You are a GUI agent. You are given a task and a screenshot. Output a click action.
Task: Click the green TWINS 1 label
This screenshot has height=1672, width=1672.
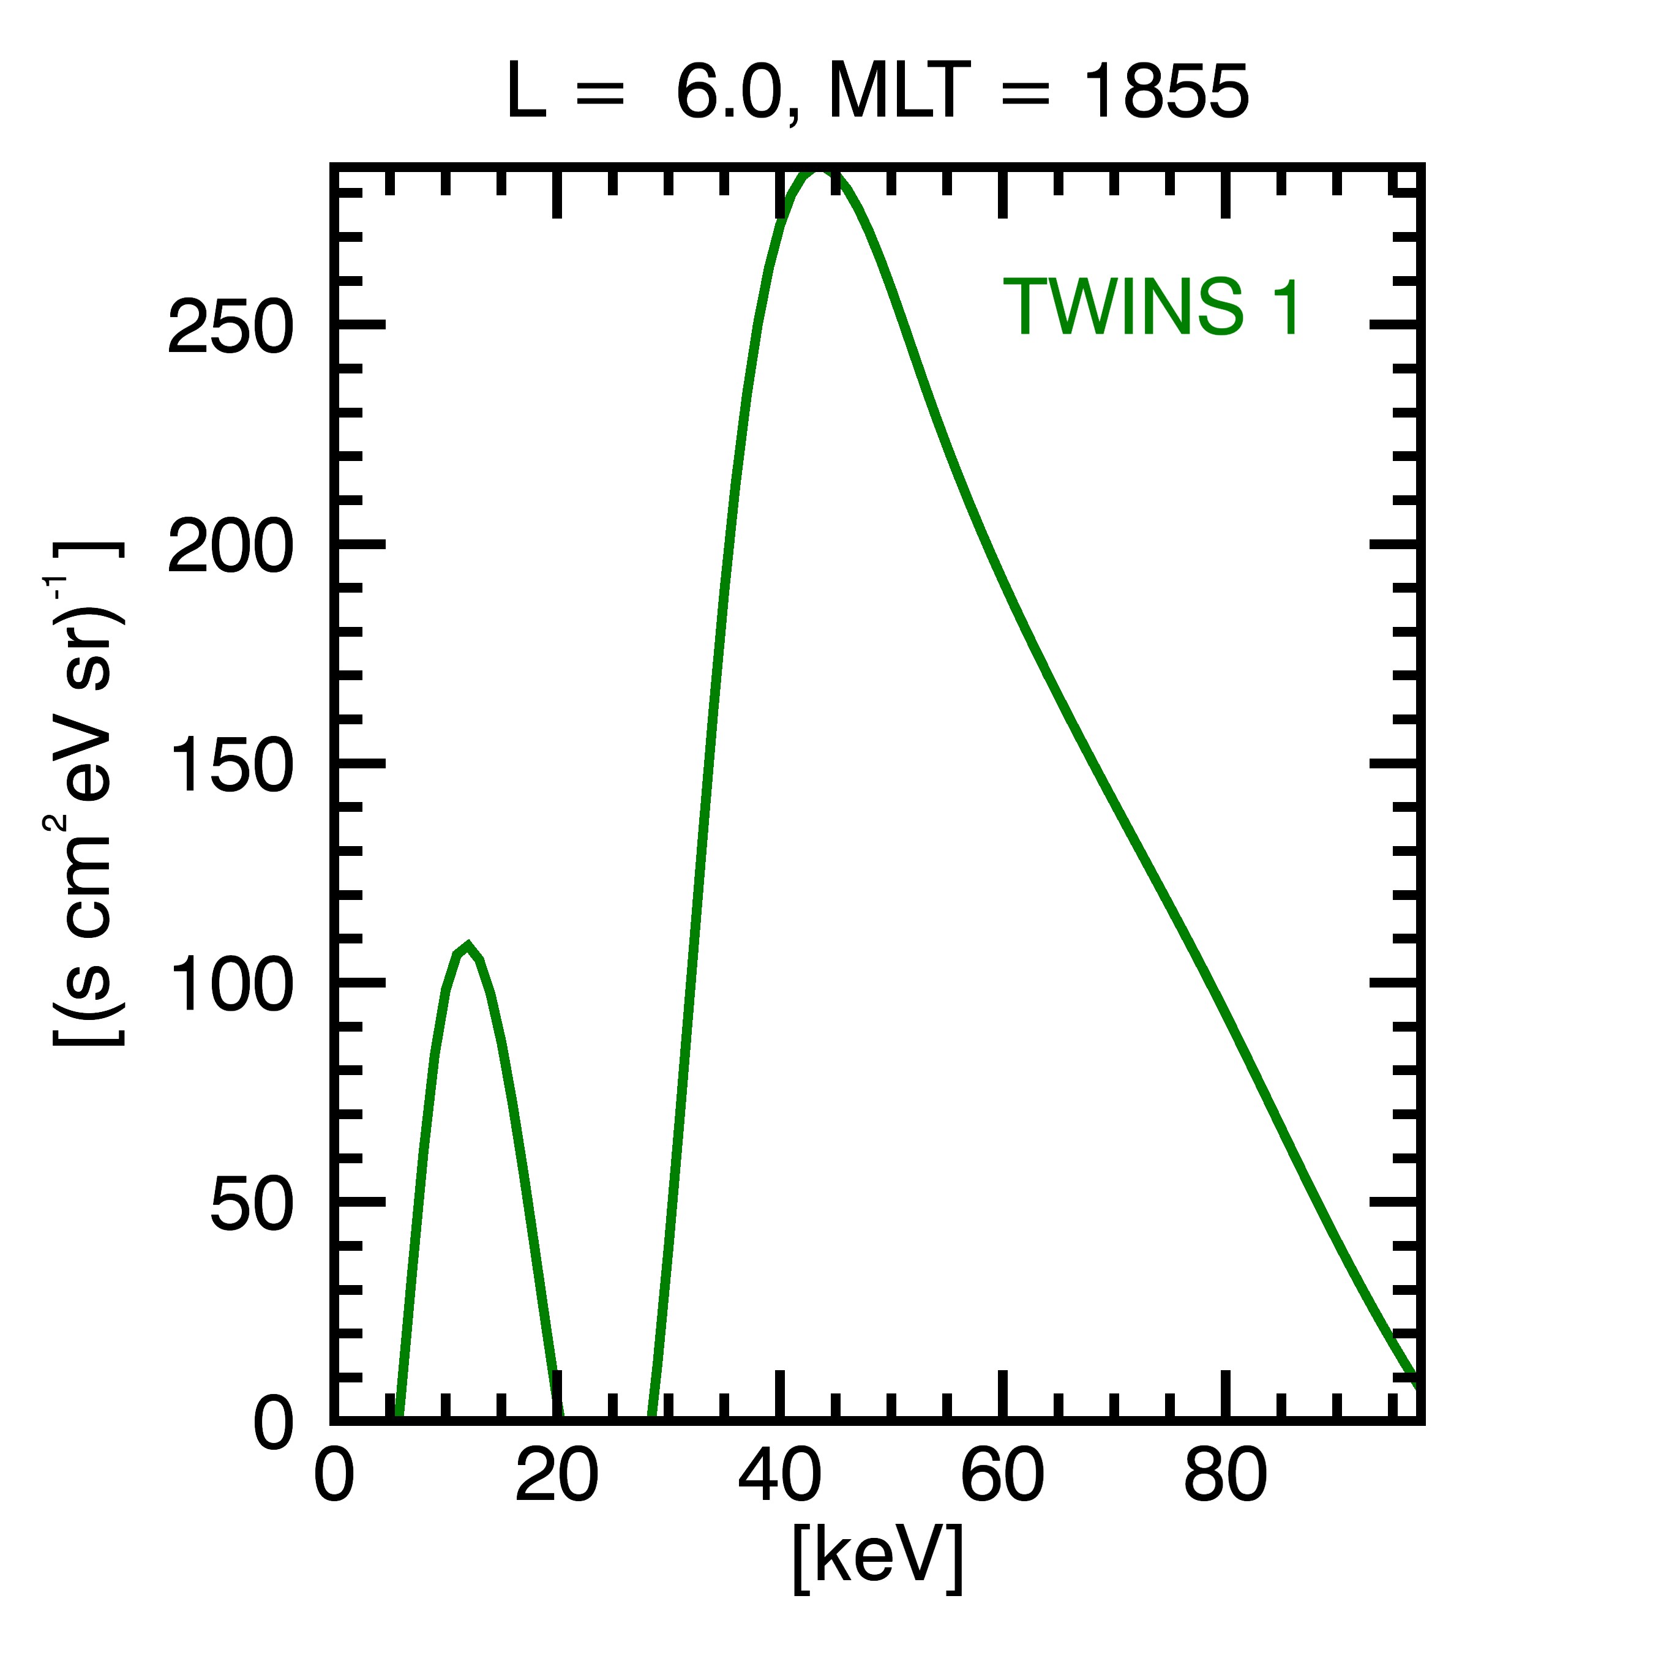(1151, 307)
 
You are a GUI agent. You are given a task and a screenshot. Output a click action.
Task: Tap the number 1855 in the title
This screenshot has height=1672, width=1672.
(1166, 92)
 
